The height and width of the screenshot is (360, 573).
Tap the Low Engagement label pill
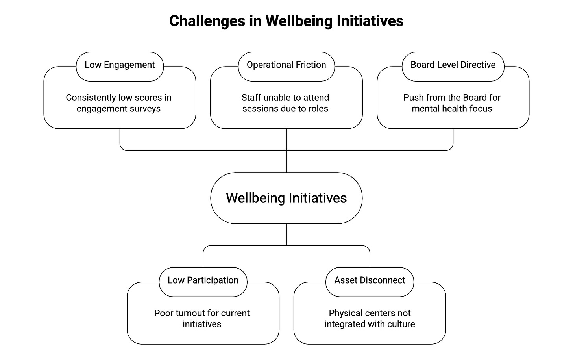point(120,65)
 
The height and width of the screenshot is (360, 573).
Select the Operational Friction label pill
point(286,65)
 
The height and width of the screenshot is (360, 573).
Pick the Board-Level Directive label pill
point(453,65)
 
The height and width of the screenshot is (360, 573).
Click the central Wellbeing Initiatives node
point(286,198)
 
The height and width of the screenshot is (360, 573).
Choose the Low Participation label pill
point(203,280)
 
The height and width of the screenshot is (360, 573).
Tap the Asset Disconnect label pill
point(370,280)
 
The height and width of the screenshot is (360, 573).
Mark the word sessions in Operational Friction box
point(259,109)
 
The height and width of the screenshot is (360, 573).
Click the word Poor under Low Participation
point(163,314)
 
